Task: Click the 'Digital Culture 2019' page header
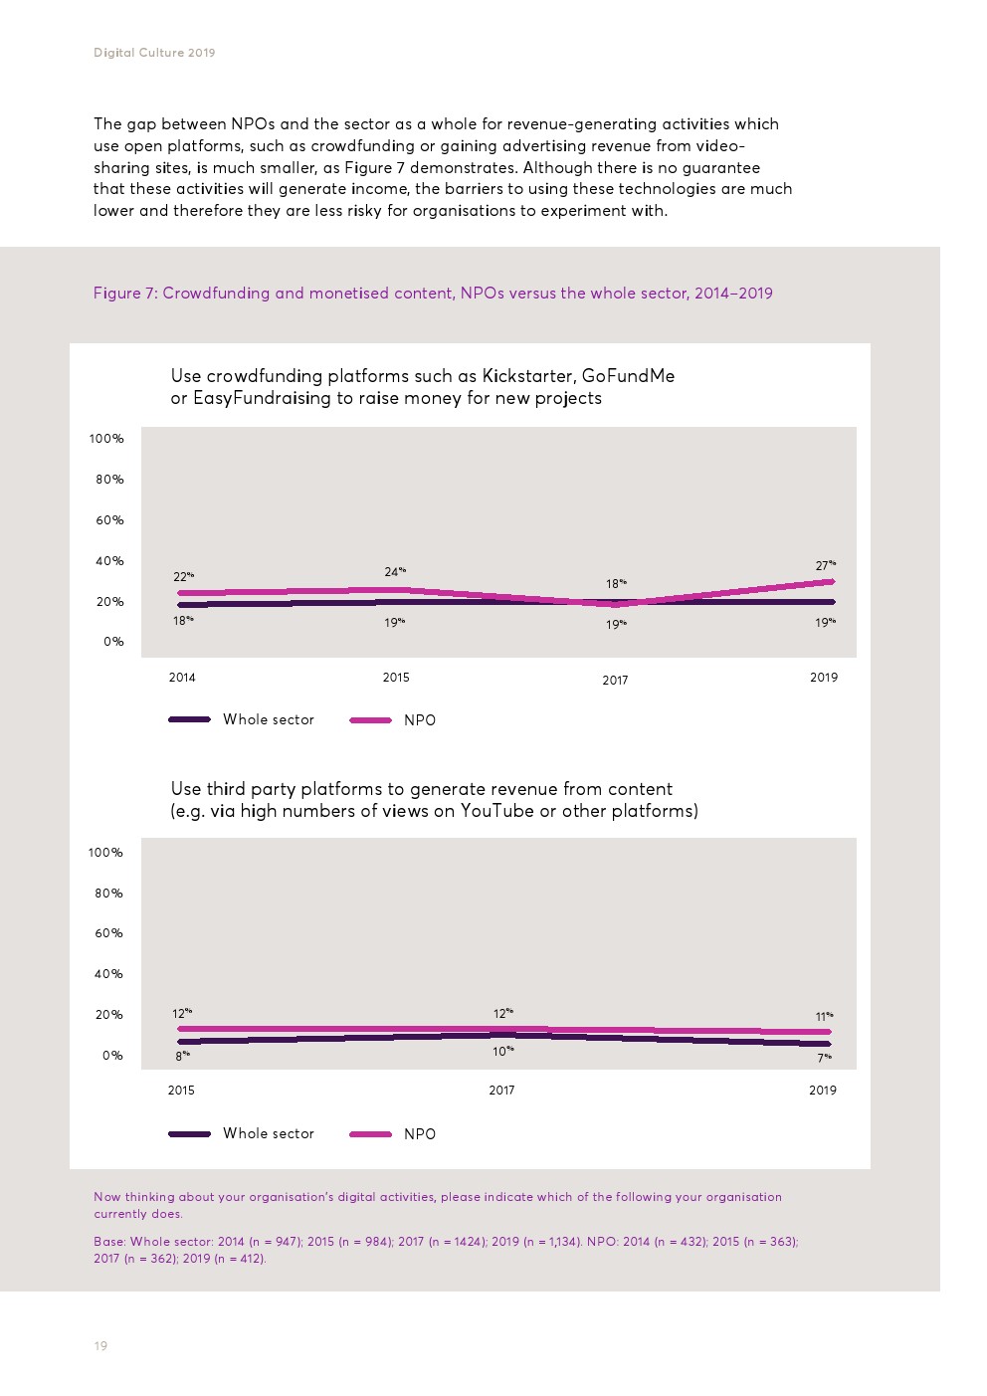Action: [154, 53]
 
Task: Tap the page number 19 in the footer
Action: [100, 1346]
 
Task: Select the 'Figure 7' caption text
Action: [433, 294]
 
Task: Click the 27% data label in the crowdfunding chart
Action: [825, 566]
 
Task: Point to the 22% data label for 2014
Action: [183, 577]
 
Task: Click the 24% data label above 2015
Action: [395, 572]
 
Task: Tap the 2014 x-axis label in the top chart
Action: [182, 678]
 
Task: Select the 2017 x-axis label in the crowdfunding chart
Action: [615, 681]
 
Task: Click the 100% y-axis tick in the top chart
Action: [106, 439]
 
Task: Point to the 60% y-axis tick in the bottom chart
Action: [108, 933]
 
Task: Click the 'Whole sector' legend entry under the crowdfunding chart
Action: [268, 719]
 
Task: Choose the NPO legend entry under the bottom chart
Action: [419, 1134]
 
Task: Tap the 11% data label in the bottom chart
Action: [824, 1017]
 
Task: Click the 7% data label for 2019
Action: [824, 1059]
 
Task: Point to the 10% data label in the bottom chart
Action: [503, 1051]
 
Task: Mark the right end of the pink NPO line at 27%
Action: [831, 582]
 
